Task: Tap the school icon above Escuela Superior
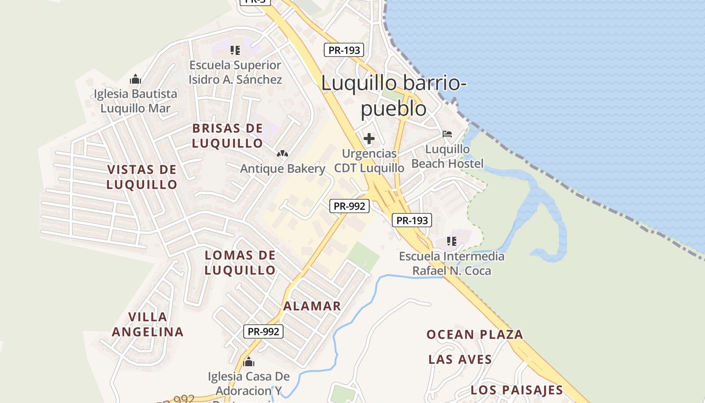tap(235, 50)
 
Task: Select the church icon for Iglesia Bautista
tap(135, 80)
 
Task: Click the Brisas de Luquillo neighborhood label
tap(228, 136)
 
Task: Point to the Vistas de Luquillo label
tap(142, 177)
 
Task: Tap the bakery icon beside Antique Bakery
tap(283, 154)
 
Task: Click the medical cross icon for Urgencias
tap(369, 138)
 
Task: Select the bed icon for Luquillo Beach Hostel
tap(447, 134)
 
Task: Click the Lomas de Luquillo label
tap(240, 262)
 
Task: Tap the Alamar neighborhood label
tap(312, 306)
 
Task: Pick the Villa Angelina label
tap(148, 324)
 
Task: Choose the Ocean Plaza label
tap(475, 334)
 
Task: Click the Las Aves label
tap(460, 359)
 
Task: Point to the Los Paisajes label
tap(517, 390)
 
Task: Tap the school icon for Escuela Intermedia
tap(451, 241)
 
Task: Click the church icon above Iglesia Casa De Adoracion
tap(248, 362)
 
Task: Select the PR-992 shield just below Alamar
tap(263, 331)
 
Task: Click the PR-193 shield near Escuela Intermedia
tap(412, 220)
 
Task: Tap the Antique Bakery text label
tap(283, 169)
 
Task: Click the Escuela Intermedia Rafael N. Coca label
tap(452, 263)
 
